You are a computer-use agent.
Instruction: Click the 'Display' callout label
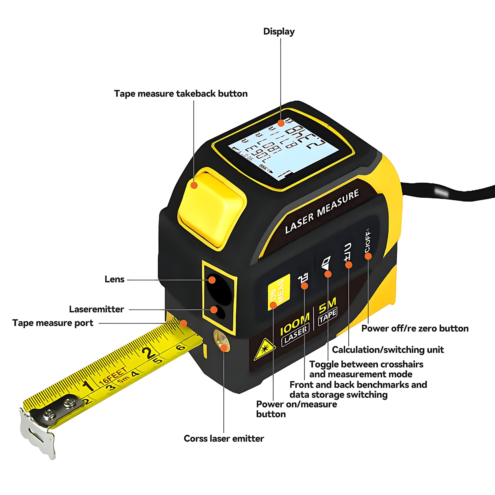pyautogui.click(x=279, y=32)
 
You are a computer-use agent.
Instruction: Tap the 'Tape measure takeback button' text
pyautogui.click(x=181, y=94)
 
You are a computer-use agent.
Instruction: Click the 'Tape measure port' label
pyautogui.click(x=53, y=323)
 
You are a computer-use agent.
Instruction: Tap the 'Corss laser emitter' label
pyautogui.click(x=224, y=438)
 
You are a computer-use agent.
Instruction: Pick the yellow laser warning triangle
pyautogui.click(x=264, y=349)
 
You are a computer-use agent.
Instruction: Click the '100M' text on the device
pyautogui.click(x=295, y=324)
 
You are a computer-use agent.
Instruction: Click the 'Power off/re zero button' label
pyautogui.click(x=415, y=329)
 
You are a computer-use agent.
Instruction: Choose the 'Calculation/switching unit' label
pyautogui.click(x=388, y=350)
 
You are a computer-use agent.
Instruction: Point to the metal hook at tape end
pyautogui.click(x=38, y=433)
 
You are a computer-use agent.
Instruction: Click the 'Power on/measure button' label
pyautogui.click(x=296, y=409)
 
